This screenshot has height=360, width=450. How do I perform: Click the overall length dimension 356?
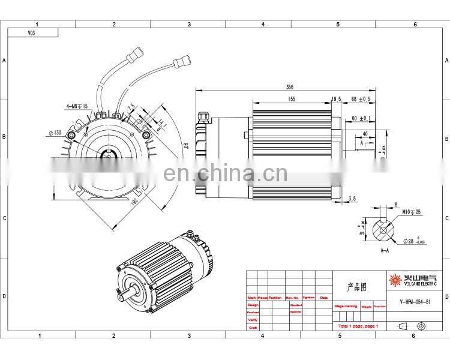tap(290, 86)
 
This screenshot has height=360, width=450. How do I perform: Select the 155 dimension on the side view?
tap(290, 99)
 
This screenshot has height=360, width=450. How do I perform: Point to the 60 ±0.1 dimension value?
tap(361, 119)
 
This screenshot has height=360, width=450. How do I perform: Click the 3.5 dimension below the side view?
tap(352, 198)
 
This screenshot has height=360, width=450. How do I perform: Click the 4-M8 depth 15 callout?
tap(76, 106)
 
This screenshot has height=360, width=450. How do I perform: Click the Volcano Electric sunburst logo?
tap(395, 280)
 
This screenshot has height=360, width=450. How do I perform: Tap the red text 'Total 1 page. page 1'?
tap(358, 326)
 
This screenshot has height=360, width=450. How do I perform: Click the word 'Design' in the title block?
tap(253, 305)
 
